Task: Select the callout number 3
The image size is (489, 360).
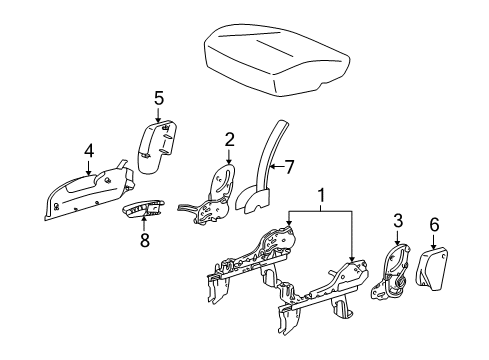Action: (397, 221)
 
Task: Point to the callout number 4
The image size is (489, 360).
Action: (88, 152)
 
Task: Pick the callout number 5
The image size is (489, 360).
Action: (157, 98)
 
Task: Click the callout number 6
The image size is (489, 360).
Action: (434, 225)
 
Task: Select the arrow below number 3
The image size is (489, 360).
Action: (397, 238)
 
